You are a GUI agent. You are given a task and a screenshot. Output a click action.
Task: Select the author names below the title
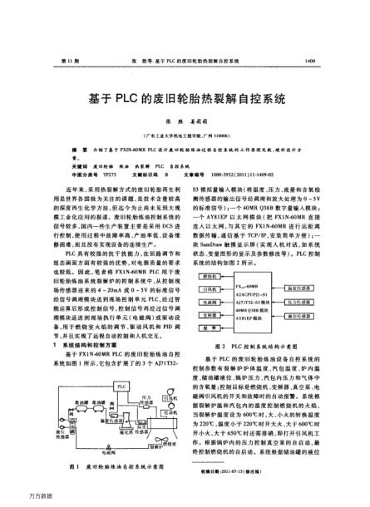(x=185, y=121)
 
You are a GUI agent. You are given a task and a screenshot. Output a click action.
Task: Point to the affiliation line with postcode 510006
(x=185, y=132)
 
